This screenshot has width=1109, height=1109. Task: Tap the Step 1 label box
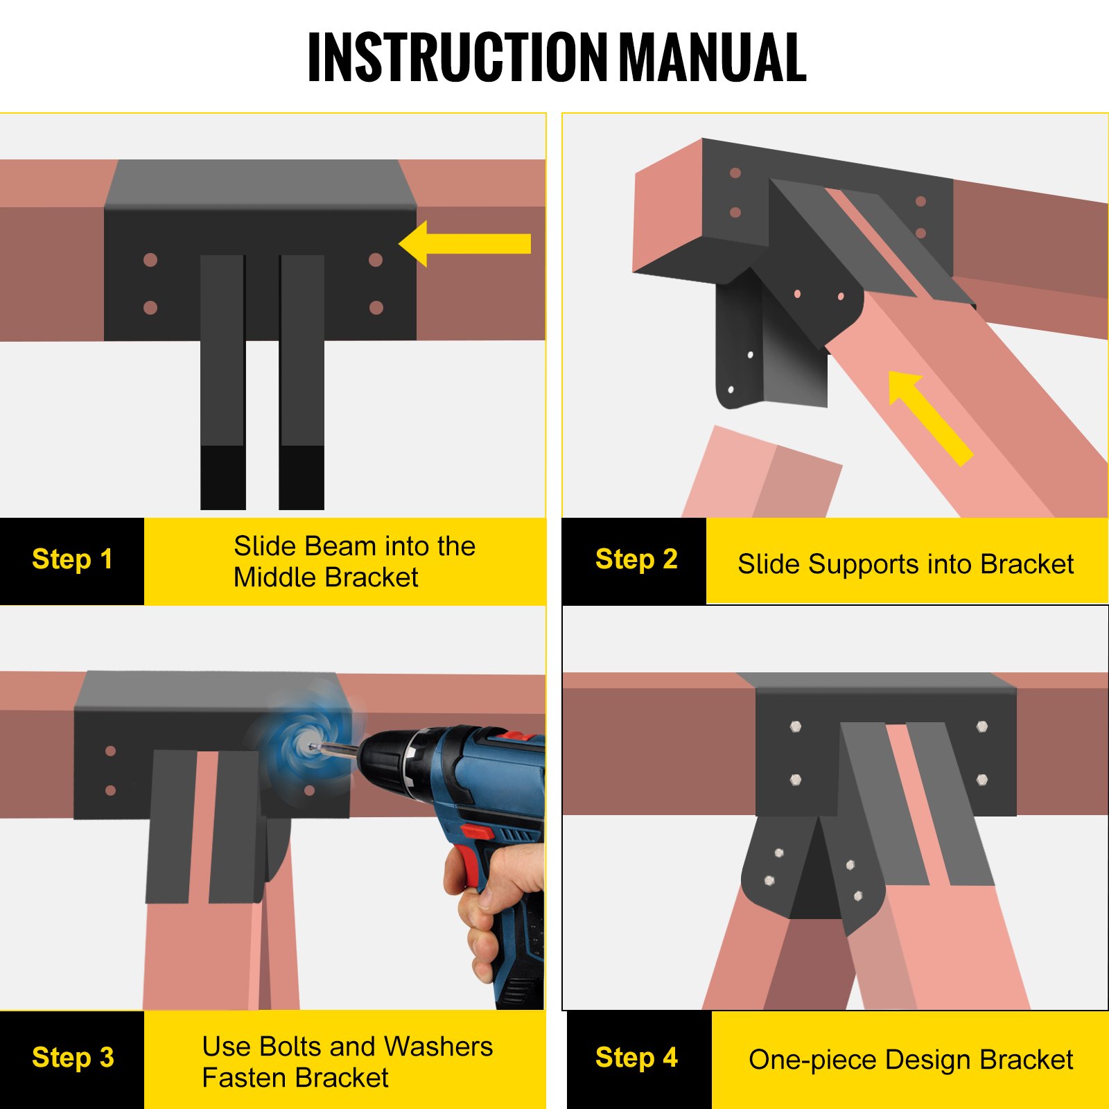tap(72, 560)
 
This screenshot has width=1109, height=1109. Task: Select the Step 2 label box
tap(635, 560)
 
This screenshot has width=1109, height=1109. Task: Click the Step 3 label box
tap(72, 1058)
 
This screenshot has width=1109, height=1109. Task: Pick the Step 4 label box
tap(638, 1058)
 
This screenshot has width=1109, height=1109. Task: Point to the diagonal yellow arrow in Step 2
tap(929, 416)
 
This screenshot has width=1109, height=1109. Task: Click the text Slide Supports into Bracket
tap(905, 564)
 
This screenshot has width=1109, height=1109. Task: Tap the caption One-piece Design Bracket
tap(910, 1060)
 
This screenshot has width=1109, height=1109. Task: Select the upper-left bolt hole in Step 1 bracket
tap(150, 260)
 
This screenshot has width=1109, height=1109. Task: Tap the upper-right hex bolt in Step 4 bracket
tap(982, 726)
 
